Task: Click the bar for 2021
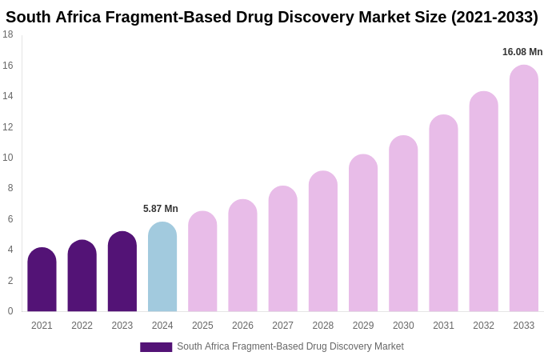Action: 42,280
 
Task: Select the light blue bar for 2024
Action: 162,267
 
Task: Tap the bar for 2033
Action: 523,189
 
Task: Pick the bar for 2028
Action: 323,242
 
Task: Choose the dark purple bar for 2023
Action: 122,272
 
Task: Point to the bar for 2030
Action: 403,224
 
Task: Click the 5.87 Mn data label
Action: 161,209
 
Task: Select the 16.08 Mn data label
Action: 522,52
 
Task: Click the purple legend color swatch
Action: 156,347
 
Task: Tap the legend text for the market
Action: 290,346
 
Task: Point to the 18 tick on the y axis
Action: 8,34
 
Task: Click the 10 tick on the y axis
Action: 8,158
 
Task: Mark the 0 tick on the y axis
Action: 10,311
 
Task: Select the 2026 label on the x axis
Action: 242,326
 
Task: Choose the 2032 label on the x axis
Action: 483,326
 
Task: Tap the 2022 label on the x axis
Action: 82,326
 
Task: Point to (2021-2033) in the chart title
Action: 494,17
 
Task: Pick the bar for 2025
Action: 202,262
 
